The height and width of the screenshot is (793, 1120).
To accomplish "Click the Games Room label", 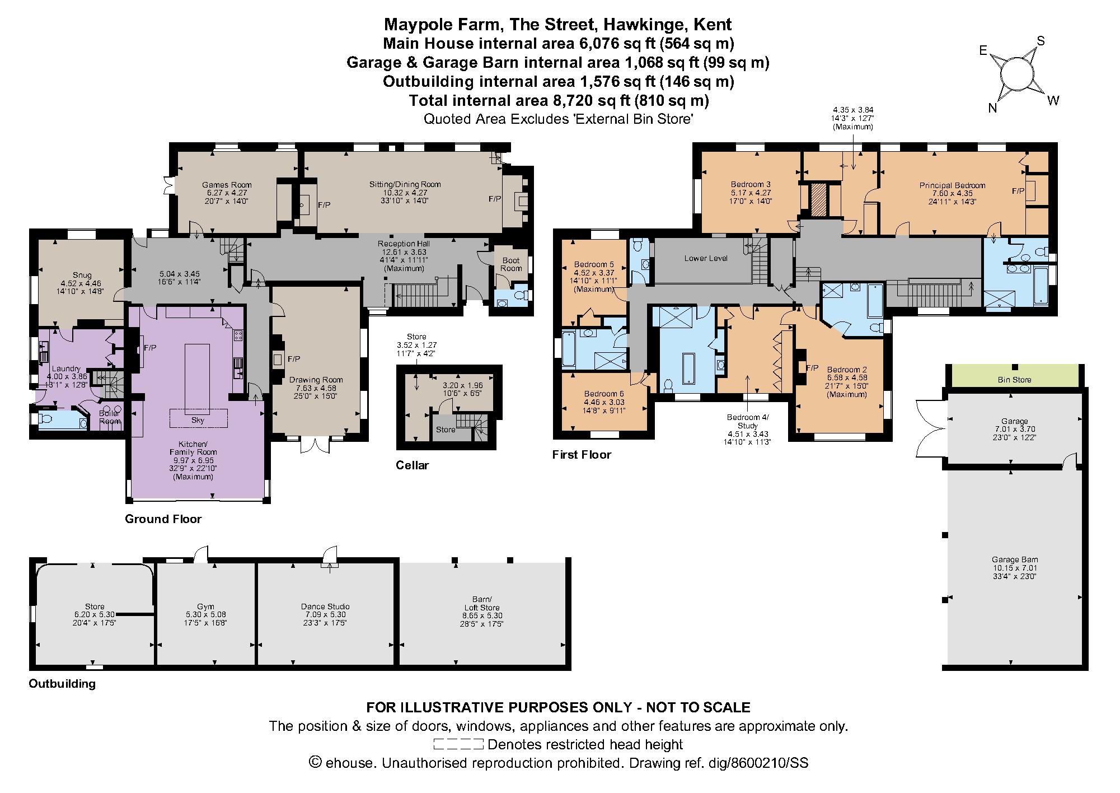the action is click(x=227, y=185).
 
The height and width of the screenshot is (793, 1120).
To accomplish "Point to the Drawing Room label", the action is click(x=316, y=380).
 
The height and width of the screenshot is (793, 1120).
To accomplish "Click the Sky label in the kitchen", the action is click(x=198, y=419).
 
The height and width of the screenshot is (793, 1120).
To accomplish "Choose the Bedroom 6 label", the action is click(x=603, y=394).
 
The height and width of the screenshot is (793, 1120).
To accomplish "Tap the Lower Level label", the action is click(x=706, y=259).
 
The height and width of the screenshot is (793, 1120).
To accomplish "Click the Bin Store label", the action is click(x=1014, y=380).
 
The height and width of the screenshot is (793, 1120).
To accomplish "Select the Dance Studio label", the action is click(x=325, y=607).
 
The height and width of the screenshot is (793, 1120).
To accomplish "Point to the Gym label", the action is click(x=206, y=607).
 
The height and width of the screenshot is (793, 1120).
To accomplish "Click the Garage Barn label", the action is click(x=1015, y=559).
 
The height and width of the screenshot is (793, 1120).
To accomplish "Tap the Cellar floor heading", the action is click(x=413, y=465).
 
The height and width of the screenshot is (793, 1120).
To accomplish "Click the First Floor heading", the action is click(x=582, y=455).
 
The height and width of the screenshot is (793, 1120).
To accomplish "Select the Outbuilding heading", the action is click(x=62, y=684).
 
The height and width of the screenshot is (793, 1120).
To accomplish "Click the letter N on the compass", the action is click(x=992, y=108).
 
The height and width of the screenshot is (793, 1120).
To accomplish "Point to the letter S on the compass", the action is click(x=1041, y=41).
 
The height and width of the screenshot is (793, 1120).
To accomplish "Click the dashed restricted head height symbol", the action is click(x=458, y=744).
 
